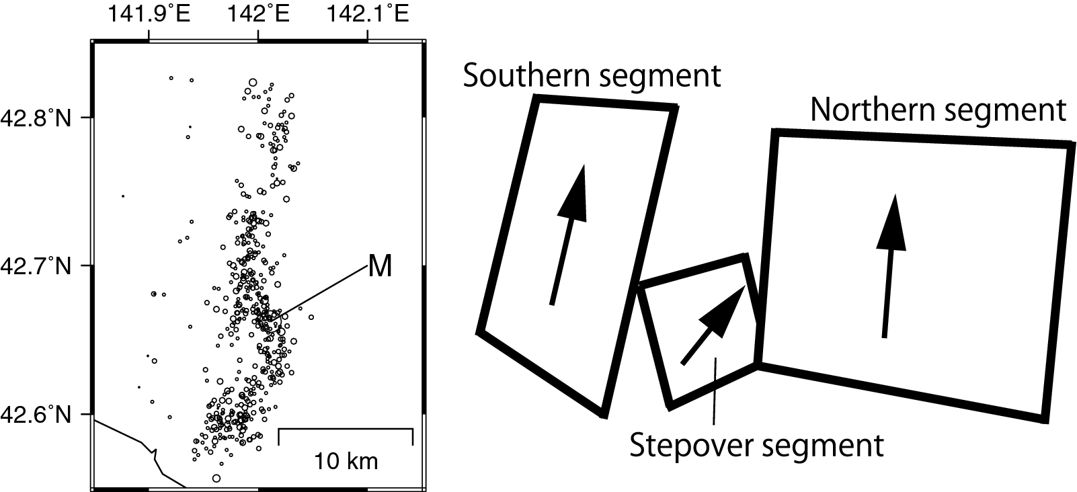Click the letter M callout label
(380, 267)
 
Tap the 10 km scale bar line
(345, 428)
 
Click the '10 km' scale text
(346, 462)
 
